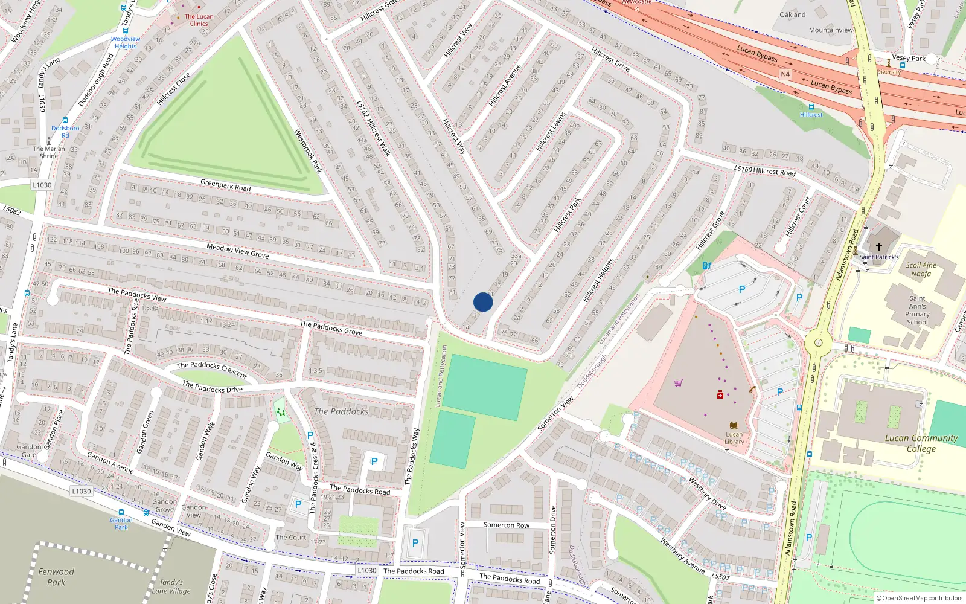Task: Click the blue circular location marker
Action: point(483,302)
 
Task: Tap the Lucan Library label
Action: point(734,438)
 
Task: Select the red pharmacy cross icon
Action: point(720,394)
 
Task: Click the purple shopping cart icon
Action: point(678,382)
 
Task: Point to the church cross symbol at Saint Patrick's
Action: point(879,246)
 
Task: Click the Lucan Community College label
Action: point(921,443)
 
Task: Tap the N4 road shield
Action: point(785,74)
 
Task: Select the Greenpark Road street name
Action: point(225,184)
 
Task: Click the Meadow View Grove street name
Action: point(237,251)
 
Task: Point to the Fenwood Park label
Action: point(56,577)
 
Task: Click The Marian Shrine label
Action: point(48,152)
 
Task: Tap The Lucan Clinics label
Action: point(199,21)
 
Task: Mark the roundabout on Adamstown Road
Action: point(818,343)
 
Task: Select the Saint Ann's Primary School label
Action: point(917,310)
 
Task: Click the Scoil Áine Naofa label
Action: point(921,269)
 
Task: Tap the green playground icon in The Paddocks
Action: point(280,412)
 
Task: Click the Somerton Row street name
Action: point(506,525)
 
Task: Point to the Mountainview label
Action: point(831,30)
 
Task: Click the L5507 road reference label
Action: point(720,577)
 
